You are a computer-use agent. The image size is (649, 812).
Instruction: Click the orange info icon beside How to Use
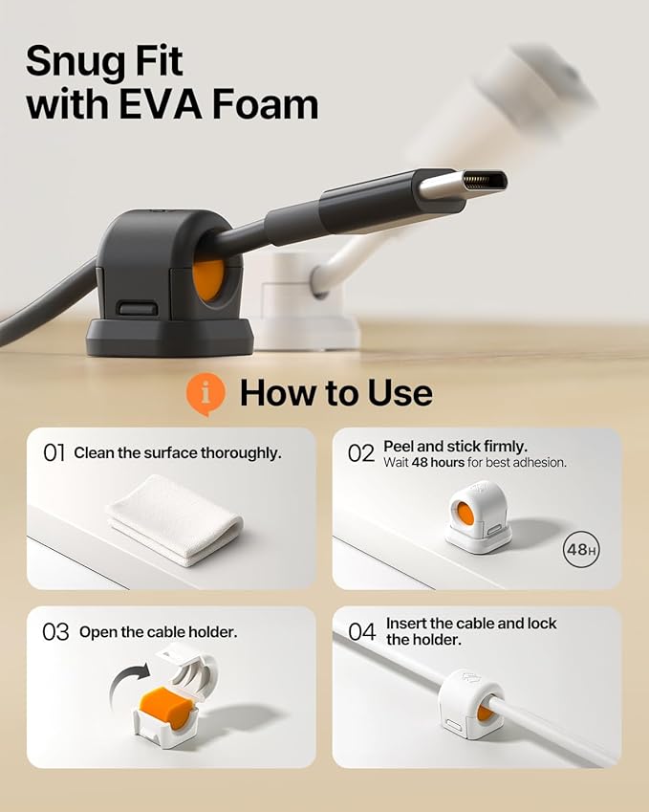[x=206, y=394]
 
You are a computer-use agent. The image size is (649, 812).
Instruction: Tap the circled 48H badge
[x=581, y=549]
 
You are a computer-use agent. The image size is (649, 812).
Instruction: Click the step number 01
[x=54, y=453]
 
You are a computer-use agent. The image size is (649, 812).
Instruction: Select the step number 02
[x=360, y=453]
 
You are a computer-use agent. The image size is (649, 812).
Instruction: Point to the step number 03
[x=55, y=632]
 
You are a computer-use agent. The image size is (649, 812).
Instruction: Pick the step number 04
[x=361, y=632]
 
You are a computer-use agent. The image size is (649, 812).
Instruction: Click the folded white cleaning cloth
[x=174, y=520]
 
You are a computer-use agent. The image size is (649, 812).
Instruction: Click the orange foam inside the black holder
[x=208, y=279]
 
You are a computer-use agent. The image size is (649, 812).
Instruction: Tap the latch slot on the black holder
[x=138, y=309]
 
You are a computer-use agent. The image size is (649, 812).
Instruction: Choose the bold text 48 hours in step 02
[x=438, y=463]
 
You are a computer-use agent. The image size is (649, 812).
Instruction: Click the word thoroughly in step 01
[x=241, y=453]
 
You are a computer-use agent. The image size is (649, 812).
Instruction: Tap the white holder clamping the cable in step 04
[x=470, y=704]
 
